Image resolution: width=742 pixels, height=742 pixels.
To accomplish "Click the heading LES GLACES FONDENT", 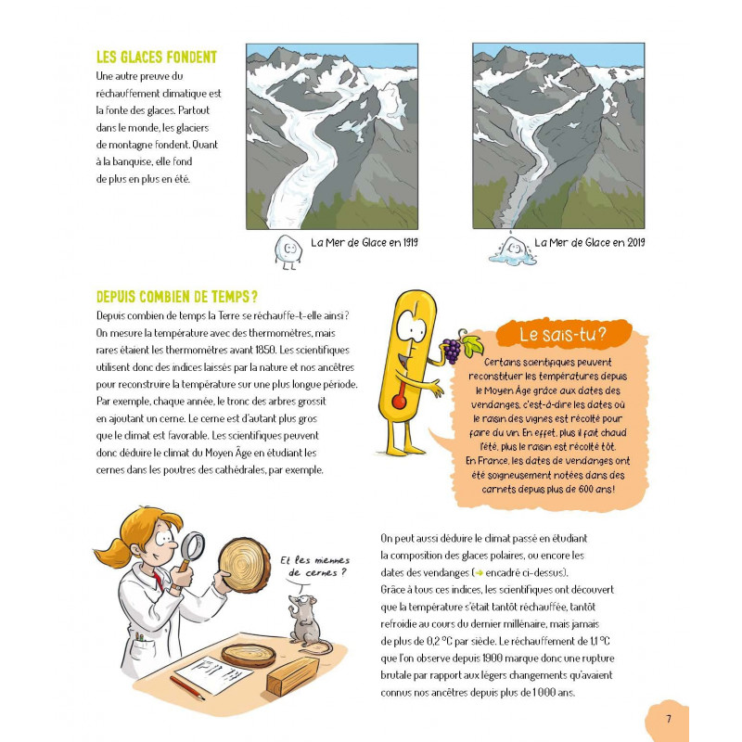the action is pos(157,58).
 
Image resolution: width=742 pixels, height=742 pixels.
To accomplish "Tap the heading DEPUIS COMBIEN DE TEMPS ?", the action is pos(177,297).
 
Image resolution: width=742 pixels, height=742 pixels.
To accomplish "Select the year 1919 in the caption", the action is pos(410,242).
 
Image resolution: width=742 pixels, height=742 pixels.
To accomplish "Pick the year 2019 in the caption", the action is pos(636,242).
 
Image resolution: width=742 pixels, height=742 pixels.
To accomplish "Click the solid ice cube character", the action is pos(288,251).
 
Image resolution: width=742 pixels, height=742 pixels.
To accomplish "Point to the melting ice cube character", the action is pos(513,249).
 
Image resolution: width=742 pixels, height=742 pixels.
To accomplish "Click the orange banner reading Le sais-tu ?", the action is pos(563,334).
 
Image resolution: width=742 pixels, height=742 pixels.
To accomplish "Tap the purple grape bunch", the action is pos(451,351).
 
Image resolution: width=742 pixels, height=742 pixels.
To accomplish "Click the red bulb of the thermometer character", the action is pos(399,402).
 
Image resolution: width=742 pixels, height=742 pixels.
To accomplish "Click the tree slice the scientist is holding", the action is pos(244,565).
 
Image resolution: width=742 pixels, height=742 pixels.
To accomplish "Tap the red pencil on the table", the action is pos(187,687).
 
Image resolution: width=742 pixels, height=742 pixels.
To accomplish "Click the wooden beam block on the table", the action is pos(292,676).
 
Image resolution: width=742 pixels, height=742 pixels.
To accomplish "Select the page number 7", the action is pos(669,719).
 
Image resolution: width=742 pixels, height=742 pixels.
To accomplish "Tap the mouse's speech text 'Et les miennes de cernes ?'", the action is pos(314,567).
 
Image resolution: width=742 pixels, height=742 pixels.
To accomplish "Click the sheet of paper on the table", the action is pos(214,674).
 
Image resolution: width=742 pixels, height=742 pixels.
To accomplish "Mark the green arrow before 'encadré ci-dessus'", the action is pos(479,573).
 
